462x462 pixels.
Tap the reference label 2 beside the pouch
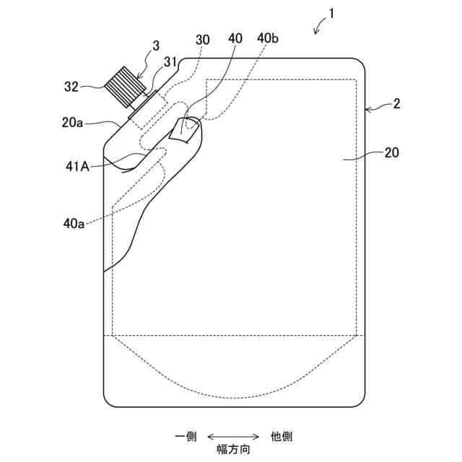click(x=396, y=104)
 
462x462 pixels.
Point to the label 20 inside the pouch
click(x=391, y=153)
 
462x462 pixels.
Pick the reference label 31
click(x=172, y=62)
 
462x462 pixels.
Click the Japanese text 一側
click(x=186, y=436)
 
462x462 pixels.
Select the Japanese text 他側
click(x=281, y=436)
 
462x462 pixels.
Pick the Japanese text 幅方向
click(x=234, y=449)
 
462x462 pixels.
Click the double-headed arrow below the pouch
click(x=233, y=436)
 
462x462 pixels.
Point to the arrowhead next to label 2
click(x=370, y=109)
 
